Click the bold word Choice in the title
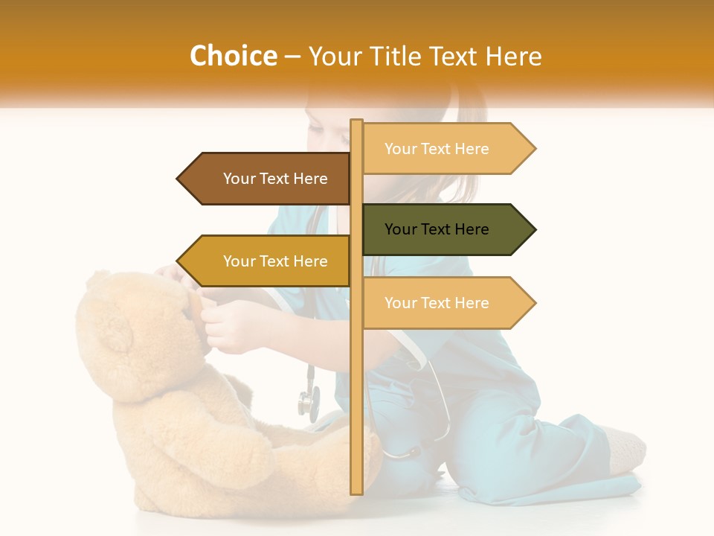tap(233, 57)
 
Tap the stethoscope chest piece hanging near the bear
tap(308, 403)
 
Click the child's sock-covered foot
tap(625, 450)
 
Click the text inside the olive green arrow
tap(437, 229)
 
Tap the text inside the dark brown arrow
tap(275, 179)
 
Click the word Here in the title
tap(513, 57)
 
